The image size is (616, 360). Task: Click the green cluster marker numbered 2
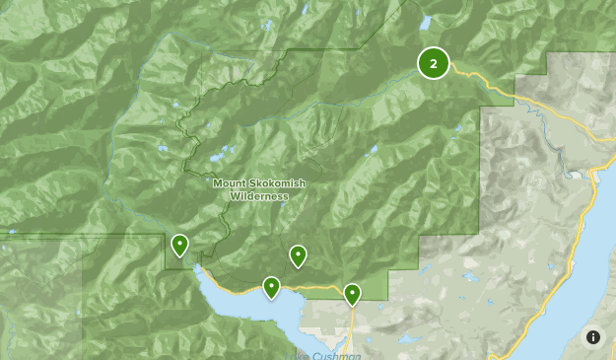coord(433,63)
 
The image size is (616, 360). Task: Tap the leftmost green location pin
coord(179,245)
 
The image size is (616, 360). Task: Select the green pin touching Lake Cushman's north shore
coord(271,288)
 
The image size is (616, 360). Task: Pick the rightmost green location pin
coord(352,294)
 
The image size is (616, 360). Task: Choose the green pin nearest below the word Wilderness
coord(298,256)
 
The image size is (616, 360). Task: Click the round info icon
coord(593,337)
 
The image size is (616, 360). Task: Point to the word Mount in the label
coord(230,183)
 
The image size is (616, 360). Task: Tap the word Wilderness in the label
coord(259,196)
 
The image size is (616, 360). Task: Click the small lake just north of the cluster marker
coord(426,22)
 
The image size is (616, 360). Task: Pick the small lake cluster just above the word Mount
coord(219,157)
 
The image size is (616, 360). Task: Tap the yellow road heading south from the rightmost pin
coord(352,325)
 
